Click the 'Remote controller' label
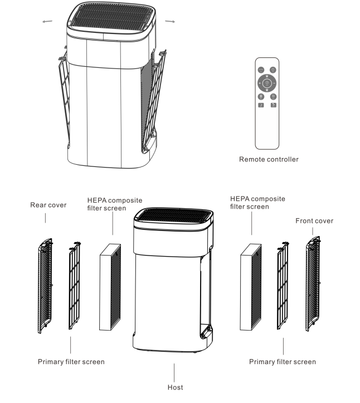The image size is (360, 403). (x=269, y=159)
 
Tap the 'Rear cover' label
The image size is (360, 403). (x=48, y=205)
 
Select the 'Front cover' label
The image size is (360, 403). (x=314, y=221)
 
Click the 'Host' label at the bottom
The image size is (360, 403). (x=175, y=387)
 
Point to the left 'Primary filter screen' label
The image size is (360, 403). (x=71, y=362)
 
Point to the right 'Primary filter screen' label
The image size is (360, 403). (x=283, y=362)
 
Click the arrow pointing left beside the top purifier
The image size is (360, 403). (x=47, y=22)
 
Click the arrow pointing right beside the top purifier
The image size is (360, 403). (x=170, y=21)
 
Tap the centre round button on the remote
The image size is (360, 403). (x=267, y=83)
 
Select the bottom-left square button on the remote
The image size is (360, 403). (x=261, y=105)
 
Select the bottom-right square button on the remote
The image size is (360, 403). (x=273, y=105)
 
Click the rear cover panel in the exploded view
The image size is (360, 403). (x=45, y=286)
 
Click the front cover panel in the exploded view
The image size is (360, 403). (x=313, y=284)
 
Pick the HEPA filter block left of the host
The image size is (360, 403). (x=110, y=287)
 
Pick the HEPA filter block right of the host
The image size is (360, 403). (x=251, y=287)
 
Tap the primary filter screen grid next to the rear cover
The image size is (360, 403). (x=75, y=286)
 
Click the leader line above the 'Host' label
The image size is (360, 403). (x=174, y=372)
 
